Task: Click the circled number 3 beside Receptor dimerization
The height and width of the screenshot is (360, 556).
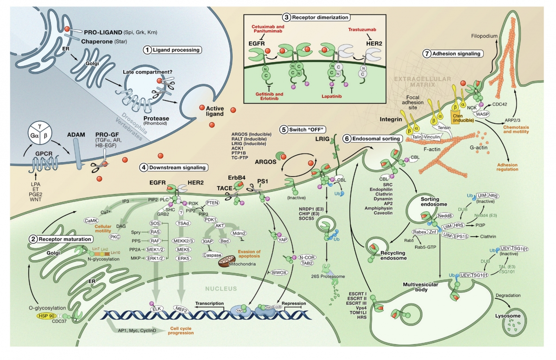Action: click(287, 17)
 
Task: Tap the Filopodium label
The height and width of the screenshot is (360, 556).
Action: click(486, 34)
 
